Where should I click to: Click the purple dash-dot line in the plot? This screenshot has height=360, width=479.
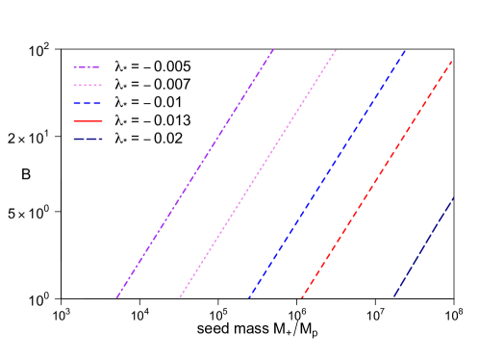[x=195, y=173]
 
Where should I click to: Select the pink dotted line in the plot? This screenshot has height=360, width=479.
[x=258, y=173]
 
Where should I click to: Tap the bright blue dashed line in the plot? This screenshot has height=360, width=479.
[x=327, y=173]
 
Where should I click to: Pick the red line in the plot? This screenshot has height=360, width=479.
[x=377, y=179]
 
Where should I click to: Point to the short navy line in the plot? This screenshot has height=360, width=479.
[x=423, y=247]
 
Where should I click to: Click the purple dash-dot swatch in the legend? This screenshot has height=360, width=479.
[x=87, y=67]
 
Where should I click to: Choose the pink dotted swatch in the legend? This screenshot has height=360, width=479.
[x=87, y=86]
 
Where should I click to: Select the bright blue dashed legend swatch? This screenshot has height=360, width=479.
[x=87, y=103]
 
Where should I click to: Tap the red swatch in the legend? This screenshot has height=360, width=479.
[x=87, y=121]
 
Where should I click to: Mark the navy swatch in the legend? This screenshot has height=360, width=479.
[x=87, y=139]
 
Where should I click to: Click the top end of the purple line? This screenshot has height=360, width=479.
[x=274, y=48]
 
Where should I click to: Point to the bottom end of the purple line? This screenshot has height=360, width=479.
[x=117, y=297]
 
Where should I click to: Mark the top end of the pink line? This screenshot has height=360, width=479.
[x=337, y=49]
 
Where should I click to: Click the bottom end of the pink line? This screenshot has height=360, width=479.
[x=180, y=297]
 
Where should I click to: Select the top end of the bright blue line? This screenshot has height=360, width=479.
[x=405, y=50]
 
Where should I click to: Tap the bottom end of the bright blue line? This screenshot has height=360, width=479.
[x=249, y=297]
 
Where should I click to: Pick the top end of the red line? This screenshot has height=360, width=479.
[x=451, y=62]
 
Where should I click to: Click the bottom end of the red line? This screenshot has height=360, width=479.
[x=302, y=297]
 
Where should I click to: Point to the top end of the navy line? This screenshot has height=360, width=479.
[x=453, y=198]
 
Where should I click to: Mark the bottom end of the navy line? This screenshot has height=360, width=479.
[x=393, y=297]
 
